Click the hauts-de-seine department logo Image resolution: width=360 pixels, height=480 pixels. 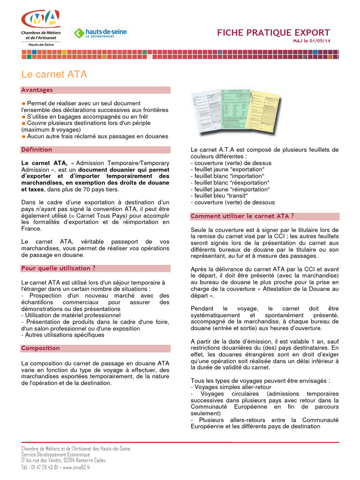100,33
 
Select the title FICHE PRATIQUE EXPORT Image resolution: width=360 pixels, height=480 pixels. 273,33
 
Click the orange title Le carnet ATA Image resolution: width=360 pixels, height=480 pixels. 54,75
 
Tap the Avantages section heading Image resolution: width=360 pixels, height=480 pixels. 37,90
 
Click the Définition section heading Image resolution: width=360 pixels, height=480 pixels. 37,150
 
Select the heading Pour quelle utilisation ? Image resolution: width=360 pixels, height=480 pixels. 59,268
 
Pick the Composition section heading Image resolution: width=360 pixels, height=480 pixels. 41,348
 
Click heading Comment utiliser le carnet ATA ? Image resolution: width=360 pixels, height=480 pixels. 242,216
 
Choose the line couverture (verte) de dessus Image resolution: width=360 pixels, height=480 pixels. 231,163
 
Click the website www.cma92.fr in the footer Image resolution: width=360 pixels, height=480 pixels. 77,467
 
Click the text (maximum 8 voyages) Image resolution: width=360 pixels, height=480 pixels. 51,129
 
